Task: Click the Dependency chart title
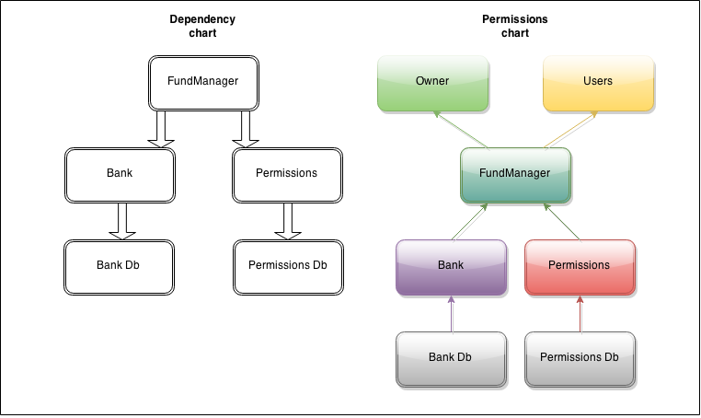pos(202,26)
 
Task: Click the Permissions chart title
pos(514,26)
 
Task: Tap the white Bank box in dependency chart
pos(120,173)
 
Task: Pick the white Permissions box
pos(288,173)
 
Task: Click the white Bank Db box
pos(120,266)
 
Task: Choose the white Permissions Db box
pos(288,266)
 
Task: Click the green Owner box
pos(432,82)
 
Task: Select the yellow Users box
pos(598,82)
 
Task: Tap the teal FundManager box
pos(515,174)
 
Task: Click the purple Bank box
pos(451,266)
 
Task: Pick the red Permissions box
pos(580,266)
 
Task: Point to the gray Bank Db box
pos(451,357)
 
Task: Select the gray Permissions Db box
pos(580,357)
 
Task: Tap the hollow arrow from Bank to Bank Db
pos(121,220)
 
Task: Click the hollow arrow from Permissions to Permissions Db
pos(288,220)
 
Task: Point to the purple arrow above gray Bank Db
pos(451,313)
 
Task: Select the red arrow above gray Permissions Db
pos(580,313)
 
